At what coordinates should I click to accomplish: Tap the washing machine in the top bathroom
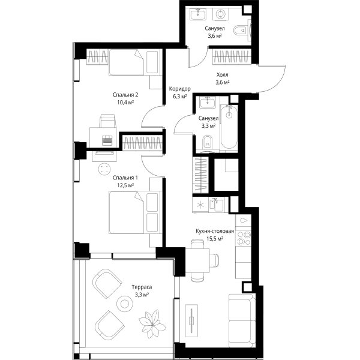point(220,14)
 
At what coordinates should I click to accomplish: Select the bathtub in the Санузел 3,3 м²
point(229,127)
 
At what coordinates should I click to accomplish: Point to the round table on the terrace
point(125,304)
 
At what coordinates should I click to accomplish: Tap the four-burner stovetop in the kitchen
point(244,238)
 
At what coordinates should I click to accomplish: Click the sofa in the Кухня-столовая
point(242,320)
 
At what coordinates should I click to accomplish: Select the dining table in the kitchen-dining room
point(197,260)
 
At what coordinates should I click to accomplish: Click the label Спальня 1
point(125,178)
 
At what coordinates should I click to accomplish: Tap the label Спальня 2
point(125,95)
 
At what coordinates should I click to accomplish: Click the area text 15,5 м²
point(215,239)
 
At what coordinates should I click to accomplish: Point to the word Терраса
point(142,287)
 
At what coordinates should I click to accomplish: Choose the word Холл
point(223,75)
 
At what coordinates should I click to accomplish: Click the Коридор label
point(180,89)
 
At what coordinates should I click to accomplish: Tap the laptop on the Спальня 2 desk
point(107,140)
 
